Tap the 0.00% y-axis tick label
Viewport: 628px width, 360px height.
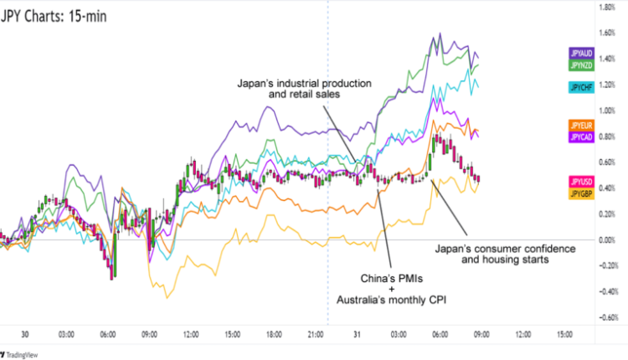coord(609,240)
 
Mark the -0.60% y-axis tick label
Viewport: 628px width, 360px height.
coord(609,317)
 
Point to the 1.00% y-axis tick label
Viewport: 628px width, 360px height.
coord(609,111)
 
